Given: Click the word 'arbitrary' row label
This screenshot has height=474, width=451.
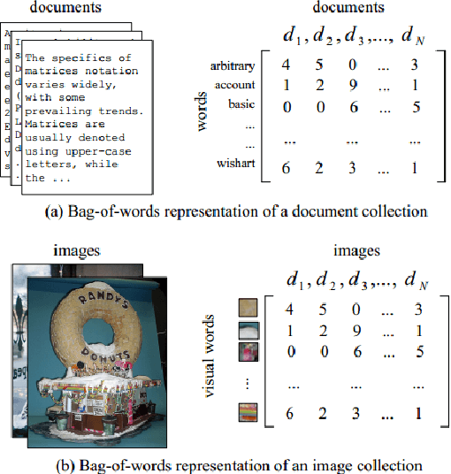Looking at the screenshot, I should [233, 66].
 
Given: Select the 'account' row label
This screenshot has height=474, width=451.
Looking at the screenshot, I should [234, 85].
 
